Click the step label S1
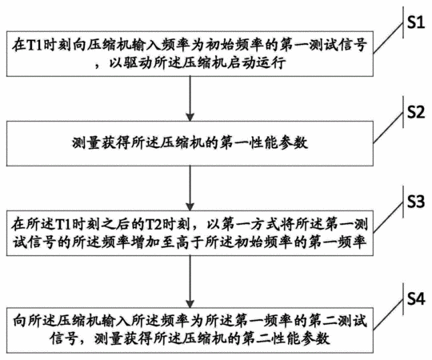tap(416, 22)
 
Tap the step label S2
tap(416, 112)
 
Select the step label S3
tap(416, 202)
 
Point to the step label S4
tap(416, 299)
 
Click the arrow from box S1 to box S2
tap(190, 98)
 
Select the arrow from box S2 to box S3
tap(190, 189)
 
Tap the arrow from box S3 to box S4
tap(190, 282)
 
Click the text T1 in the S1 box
tap(34, 45)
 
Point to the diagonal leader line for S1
tap(388, 38)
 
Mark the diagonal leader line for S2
tap(388, 128)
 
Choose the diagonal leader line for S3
tap(388, 218)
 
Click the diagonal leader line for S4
tap(388, 315)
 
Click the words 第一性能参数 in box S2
tap(264, 143)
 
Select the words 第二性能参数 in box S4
tap(286, 338)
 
